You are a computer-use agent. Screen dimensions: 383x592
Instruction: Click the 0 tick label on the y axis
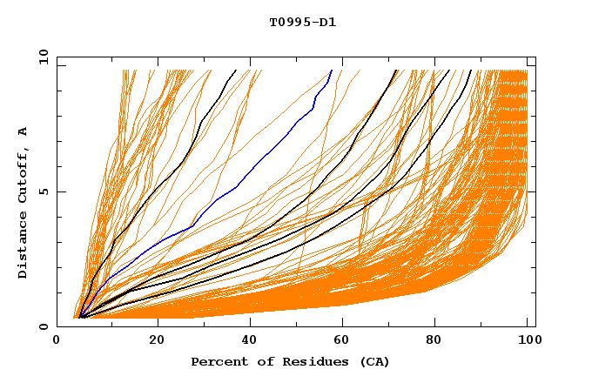[44, 326]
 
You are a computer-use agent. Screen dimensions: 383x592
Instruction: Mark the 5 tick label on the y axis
[44, 191]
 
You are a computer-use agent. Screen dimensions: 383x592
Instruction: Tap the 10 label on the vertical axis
[41, 57]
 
